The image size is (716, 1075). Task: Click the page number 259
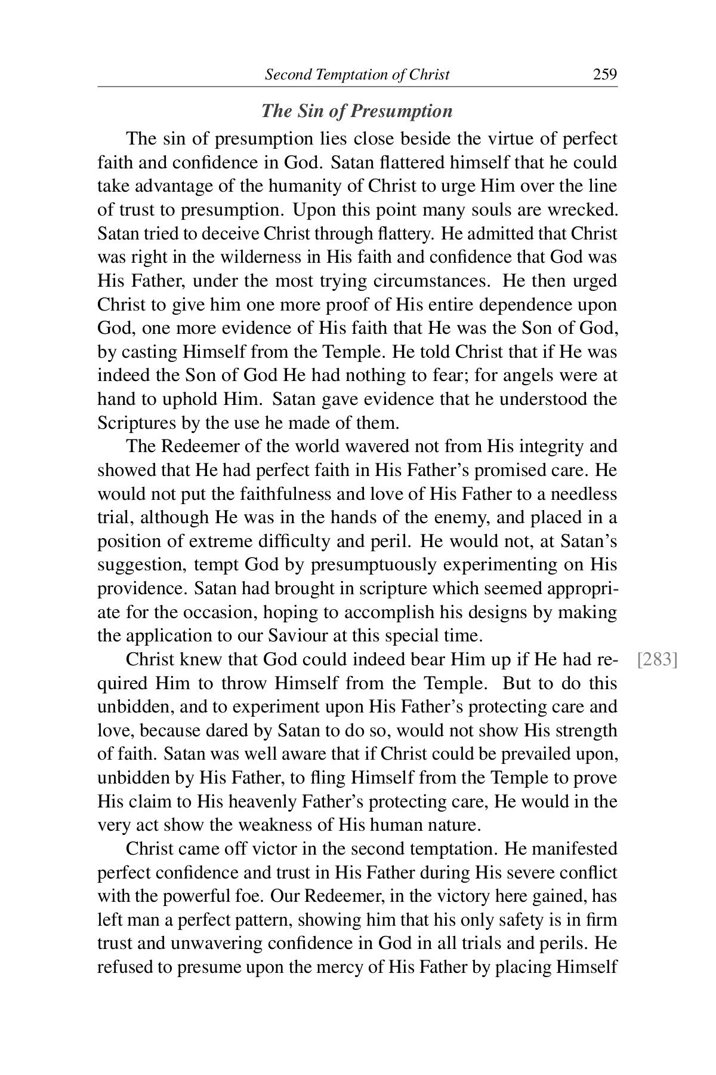604,75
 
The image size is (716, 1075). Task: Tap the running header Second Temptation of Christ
357,75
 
